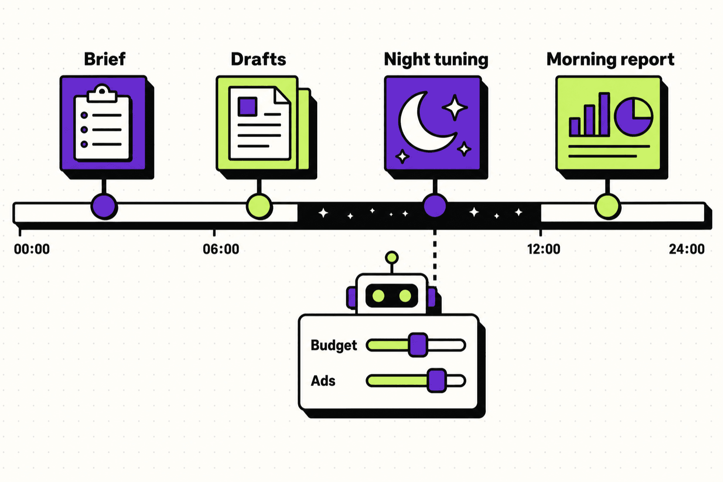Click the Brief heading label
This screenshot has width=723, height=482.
104,59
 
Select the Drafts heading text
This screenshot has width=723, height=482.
258,59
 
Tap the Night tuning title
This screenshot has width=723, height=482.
436,60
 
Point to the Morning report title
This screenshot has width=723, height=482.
610,60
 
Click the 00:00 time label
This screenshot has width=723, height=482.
32,249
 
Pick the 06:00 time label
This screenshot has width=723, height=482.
221,249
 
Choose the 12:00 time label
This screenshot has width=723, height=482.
544,249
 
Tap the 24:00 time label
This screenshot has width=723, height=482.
686,249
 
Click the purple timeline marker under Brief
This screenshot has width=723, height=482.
104,207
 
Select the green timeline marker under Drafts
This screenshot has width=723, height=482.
259,207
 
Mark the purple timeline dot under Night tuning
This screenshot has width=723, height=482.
435,206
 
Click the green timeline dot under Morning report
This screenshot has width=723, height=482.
607,207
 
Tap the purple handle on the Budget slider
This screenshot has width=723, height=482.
418,345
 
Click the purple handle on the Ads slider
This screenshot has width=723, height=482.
437,381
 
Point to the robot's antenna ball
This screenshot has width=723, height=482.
391,257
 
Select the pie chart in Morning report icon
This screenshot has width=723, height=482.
634,117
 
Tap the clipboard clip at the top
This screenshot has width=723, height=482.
102,94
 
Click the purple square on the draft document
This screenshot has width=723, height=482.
247,107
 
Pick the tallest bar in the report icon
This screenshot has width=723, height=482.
604,113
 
